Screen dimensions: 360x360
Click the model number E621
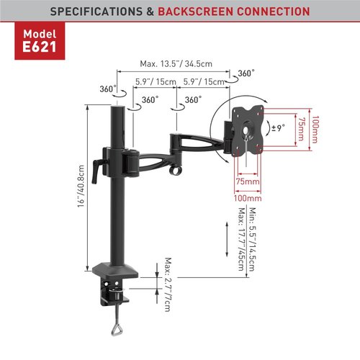pos(40,47)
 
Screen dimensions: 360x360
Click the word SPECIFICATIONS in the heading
pos(96,12)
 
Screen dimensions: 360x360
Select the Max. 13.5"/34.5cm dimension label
pos(176,64)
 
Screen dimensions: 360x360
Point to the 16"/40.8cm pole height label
pos(81,186)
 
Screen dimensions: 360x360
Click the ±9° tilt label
pos(278,127)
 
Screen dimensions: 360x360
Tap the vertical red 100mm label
pos(315,130)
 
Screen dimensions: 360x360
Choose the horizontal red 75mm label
pos(248,181)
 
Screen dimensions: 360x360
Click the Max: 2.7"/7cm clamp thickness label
pos(168,284)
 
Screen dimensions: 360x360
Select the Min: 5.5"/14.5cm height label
pos(253,239)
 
